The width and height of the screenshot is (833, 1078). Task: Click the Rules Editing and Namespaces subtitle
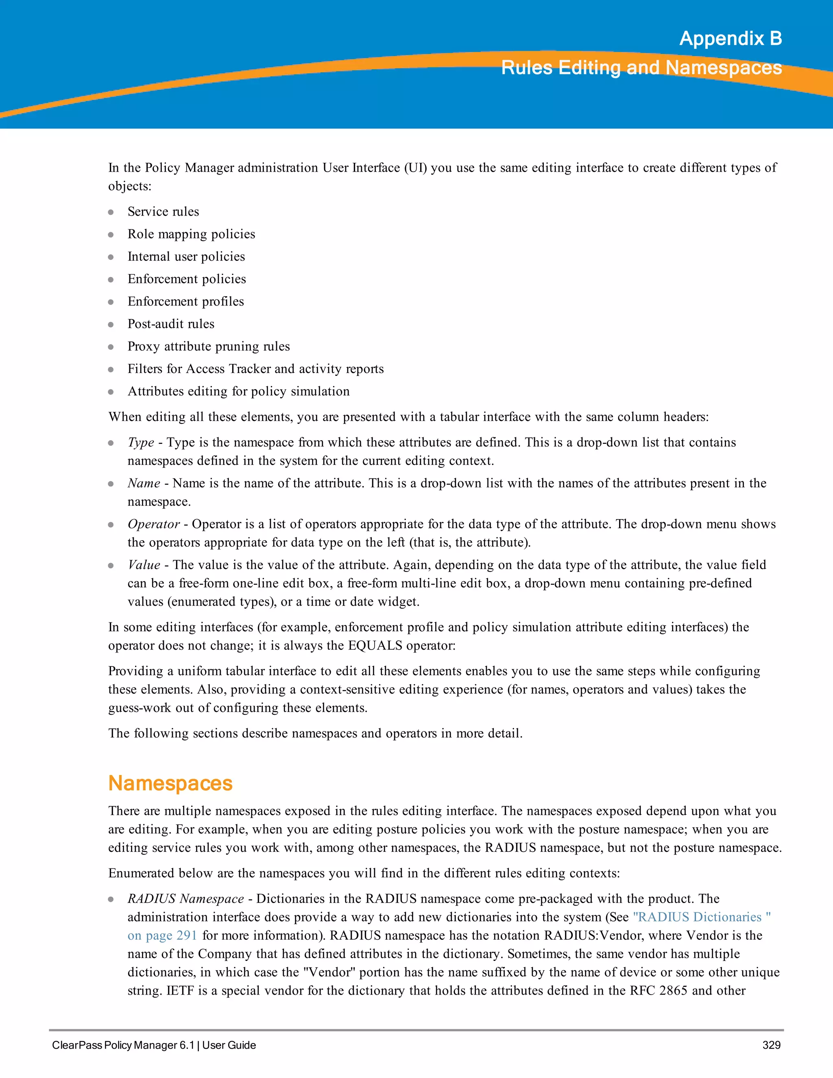(641, 68)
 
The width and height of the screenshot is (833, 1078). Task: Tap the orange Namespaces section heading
(170, 783)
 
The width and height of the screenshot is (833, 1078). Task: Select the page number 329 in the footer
(771, 1045)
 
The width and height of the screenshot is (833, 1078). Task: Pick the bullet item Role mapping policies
(191, 234)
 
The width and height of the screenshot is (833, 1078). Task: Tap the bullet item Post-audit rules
(171, 324)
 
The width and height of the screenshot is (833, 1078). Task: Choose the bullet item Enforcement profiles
(185, 301)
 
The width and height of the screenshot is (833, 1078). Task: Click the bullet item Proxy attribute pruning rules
(208, 347)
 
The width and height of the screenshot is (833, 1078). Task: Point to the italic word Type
(141, 442)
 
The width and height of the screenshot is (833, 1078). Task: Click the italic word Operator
(153, 524)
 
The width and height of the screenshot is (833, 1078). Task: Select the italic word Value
(144, 565)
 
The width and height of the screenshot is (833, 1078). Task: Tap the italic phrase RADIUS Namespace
(185, 899)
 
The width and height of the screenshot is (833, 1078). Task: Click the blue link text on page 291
(162, 935)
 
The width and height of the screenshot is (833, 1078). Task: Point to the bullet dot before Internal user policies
(111, 257)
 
